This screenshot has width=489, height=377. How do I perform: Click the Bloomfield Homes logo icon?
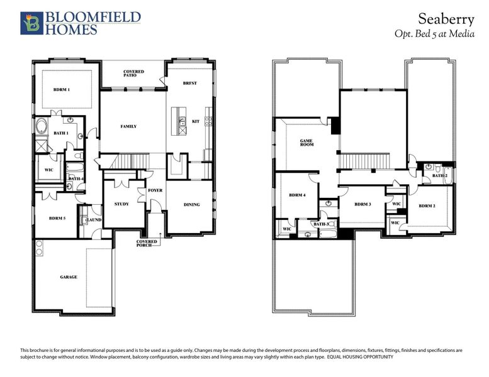[30, 23]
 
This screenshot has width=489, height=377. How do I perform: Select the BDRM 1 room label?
[61, 90]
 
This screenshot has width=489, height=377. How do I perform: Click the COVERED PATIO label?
[133, 74]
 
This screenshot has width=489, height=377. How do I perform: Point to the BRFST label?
[190, 83]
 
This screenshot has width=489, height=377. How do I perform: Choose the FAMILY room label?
[128, 126]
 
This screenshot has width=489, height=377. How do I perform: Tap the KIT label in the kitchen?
[195, 121]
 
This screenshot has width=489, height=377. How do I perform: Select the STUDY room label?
[121, 204]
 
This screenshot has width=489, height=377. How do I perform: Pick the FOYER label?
[155, 190]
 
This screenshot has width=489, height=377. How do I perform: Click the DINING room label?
[191, 204]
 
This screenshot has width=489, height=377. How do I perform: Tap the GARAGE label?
[69, 276]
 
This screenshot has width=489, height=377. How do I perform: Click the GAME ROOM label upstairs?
[306, 143]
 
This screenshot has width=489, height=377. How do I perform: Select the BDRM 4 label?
[297, 195]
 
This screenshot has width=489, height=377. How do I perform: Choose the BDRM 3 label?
[362, 204]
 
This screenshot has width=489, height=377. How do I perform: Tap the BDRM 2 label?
[427, 206]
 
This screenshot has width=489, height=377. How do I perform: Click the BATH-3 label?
[321, 224]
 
